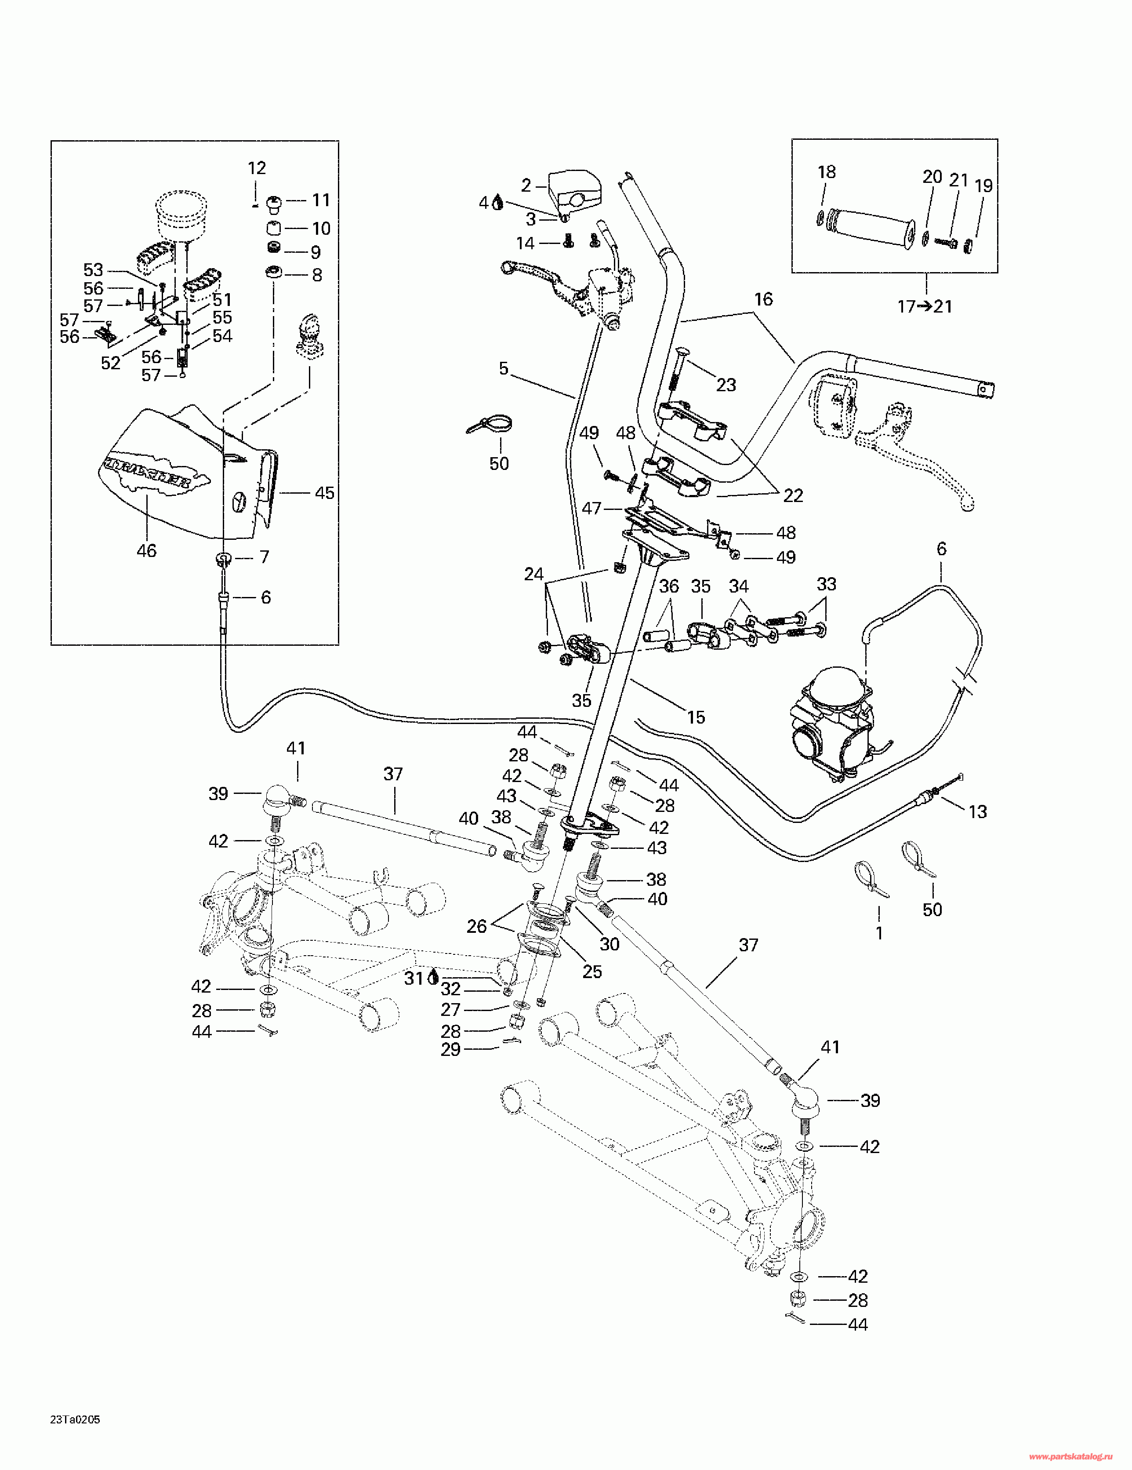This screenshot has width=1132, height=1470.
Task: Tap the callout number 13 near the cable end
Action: pyautogui.click(x=977, y=812)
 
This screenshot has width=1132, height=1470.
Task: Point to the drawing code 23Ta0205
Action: pyautogui.click(x=76, y=1420)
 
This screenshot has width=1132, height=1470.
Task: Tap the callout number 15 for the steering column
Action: pyautogui.click(x=696, y=717)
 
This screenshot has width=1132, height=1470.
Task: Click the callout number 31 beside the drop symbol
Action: pyautogui.click(x=413, y=979)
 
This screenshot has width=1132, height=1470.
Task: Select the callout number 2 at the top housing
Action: pyautogui.click(x=526, y=185)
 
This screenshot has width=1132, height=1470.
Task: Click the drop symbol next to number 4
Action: pyautogui.click(x=498, y=202)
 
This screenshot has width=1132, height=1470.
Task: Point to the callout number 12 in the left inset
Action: pyautogui.click(x=257, y=167)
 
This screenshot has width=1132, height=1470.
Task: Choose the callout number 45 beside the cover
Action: pyautogui.click(x=324, y=493)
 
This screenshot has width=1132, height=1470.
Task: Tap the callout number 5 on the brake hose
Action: pyautogui.click(x=504, y=368)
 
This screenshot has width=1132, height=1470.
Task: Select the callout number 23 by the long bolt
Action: pyautogui.click(x=726, y=385)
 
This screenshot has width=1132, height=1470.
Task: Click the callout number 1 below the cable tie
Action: pyautogui.click(x=879, y=934)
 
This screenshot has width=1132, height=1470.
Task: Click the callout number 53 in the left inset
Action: pyautogui.click(x=93, y=270)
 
